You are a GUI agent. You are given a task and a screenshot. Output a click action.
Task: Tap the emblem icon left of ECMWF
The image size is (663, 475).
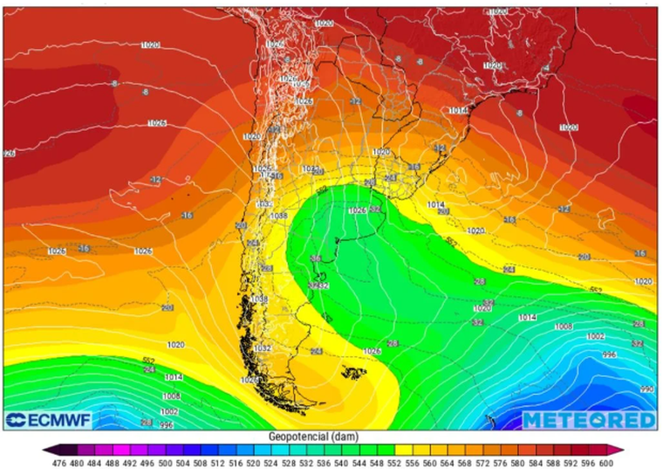tap(15, 421)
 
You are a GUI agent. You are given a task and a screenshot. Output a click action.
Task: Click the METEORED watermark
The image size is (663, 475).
tap(589, 420)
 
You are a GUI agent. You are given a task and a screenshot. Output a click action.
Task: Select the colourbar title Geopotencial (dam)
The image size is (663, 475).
tap(331, 437)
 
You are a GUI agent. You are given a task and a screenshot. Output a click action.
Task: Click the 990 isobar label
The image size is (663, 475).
tap(646, 389)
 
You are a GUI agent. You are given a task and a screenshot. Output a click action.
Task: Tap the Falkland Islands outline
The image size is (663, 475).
tap(352, 374)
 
